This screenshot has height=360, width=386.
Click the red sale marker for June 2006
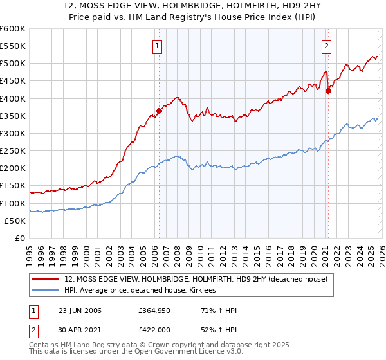coord(159,111)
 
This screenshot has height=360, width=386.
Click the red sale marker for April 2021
coord(328,91)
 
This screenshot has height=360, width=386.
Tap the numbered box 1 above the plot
coord(158,46)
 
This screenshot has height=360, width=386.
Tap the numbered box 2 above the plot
coord(327,46)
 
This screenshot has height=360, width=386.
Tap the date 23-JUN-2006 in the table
coord(80,310)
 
